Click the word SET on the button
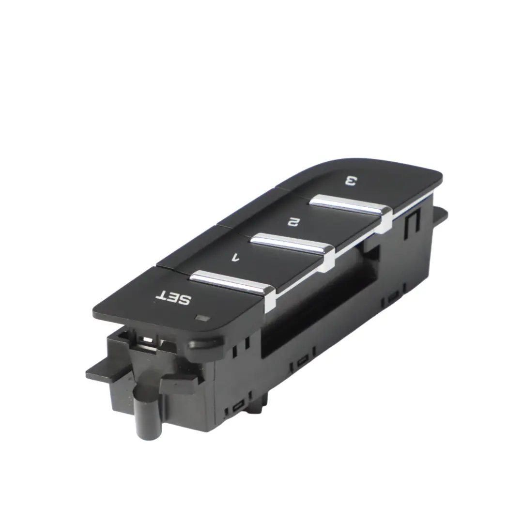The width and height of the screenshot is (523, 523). pos(173,297)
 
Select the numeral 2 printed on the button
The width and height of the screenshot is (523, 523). pos(292,222)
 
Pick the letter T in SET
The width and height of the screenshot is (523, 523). pos(161,294)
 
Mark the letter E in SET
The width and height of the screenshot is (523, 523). pos(173,297)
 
